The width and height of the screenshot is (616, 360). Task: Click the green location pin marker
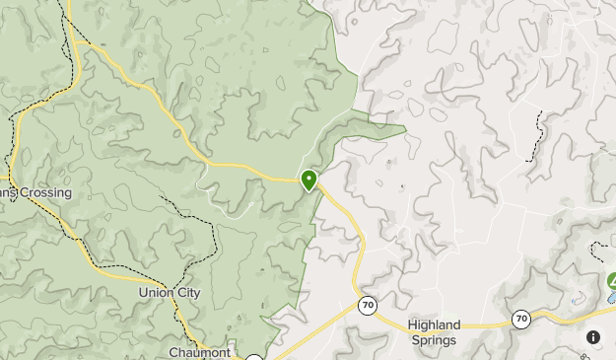(x=309, y=180)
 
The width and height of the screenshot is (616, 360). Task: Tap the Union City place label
(x=170, y=293)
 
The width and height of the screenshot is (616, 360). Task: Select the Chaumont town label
(x=199, y=352)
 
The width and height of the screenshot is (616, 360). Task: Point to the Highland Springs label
(x=434, y=332)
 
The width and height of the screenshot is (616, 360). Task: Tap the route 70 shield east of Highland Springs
(x=520, y=318)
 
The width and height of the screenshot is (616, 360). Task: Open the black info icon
(x=593, y=337)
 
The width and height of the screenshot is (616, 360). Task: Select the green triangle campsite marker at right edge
(x=610, y=281)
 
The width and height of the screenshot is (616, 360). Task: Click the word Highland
(x=434, y=324)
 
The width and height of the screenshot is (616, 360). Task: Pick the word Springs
(x=434, y=340)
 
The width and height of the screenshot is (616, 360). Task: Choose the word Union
(x=155, y=293)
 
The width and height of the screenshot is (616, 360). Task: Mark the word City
(x=187, y=293)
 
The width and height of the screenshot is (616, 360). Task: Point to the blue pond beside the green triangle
(x=609, y=297)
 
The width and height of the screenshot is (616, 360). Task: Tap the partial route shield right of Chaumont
(x=254, y=357)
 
